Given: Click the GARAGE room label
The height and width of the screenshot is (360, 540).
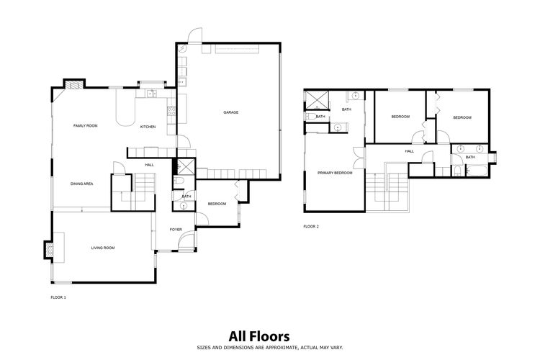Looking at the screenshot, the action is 230,112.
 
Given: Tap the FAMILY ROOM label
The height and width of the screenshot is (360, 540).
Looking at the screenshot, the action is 86,126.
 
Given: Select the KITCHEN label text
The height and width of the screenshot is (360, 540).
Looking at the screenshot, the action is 148,127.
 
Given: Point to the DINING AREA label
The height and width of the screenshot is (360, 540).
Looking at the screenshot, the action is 81,184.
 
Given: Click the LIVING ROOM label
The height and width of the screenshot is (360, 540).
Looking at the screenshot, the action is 103,248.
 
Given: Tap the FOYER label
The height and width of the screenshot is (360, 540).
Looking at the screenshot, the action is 176,230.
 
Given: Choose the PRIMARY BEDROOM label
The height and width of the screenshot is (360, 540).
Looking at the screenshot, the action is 335,173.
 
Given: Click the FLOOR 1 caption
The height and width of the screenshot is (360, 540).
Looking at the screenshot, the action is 58,297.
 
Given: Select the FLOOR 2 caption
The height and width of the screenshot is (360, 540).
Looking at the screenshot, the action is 311,226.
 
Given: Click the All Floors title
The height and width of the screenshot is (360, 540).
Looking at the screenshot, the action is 259,336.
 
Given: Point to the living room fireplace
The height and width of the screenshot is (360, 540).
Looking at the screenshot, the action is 48,250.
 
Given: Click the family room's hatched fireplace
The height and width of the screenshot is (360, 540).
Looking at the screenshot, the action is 74,84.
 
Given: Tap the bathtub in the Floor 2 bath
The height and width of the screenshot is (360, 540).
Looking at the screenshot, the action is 477,171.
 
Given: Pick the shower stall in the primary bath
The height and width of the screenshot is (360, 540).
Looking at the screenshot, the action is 318,100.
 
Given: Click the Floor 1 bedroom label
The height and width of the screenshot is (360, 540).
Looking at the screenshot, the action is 217,204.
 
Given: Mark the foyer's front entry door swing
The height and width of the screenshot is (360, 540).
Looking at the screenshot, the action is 186,239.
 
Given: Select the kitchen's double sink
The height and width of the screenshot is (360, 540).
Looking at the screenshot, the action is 151,93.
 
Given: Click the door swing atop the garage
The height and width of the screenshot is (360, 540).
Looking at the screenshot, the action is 195,35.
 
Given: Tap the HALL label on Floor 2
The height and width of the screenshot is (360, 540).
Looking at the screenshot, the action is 410,151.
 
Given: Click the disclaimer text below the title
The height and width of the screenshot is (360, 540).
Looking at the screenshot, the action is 270,348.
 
